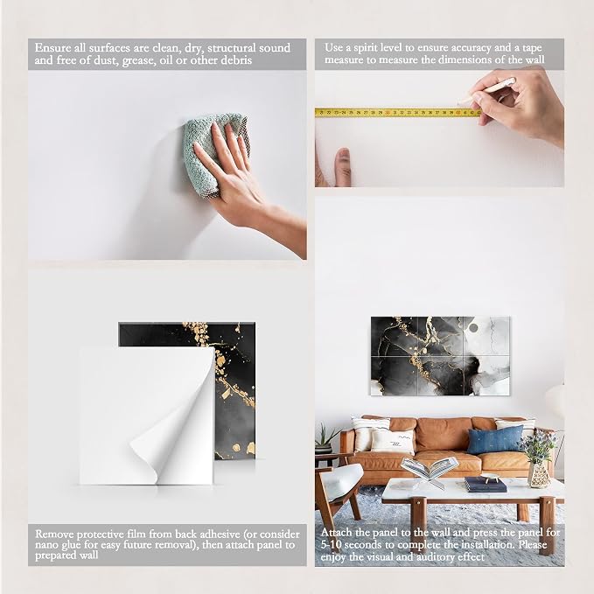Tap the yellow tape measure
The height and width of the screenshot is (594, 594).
398,113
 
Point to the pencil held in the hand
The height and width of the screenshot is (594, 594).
486,90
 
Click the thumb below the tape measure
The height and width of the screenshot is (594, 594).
343,167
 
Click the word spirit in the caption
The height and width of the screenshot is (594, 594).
367,48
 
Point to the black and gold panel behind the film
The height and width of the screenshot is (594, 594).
227,390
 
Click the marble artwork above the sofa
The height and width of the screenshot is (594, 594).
440,356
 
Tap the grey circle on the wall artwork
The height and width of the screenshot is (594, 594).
473,327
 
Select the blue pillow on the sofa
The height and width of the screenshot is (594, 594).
495,440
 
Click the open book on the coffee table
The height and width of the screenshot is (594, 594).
430,469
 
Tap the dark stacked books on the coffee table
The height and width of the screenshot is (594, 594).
486,484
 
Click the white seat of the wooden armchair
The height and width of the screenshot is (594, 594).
339,478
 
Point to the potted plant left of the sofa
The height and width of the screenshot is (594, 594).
325,439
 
